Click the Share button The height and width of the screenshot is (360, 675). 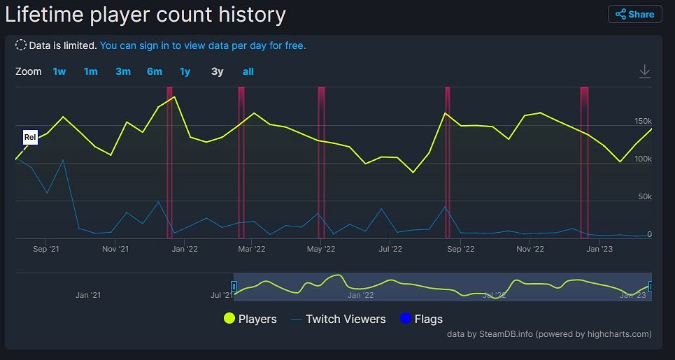click(x=634, y=14)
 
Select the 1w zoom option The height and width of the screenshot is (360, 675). click(x=59, y=71)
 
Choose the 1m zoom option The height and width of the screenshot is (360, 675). click(x=91, y=71)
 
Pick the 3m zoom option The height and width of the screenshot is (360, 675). click(x=123, y=71)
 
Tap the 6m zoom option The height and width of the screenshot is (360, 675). click(x=155, y=71)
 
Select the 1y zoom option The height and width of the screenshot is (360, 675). click(x=185, y=71)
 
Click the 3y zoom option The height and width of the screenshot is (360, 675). click(x=218, y=71)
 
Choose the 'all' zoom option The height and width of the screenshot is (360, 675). click(x=248, y=71)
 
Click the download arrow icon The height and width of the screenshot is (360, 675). click(x=645, y=71)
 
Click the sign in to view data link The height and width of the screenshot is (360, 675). click(x=203, y=45)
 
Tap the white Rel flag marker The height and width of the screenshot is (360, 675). click(x=30, y=138)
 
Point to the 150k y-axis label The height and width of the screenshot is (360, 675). click(x=642, y=122)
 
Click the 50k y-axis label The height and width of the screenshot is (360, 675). click(x=644, y=197)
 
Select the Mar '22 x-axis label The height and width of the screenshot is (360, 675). click(x=252, y=249)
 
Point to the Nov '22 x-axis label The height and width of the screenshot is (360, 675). click(x=530, y=249)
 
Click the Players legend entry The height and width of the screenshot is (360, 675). click(x=250, y=319)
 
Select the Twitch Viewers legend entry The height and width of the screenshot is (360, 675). click(x=338, y=319)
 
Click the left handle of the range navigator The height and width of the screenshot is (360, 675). click(x=234, y=286)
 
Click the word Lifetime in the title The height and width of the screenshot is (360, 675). click(x=45, y=14)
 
